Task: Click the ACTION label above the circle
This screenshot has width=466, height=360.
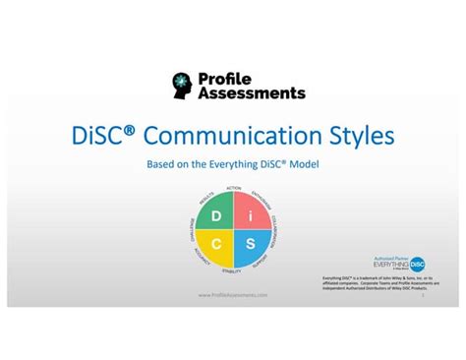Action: (x=234, y=187)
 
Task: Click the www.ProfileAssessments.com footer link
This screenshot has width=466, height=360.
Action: (x=233, y=295)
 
